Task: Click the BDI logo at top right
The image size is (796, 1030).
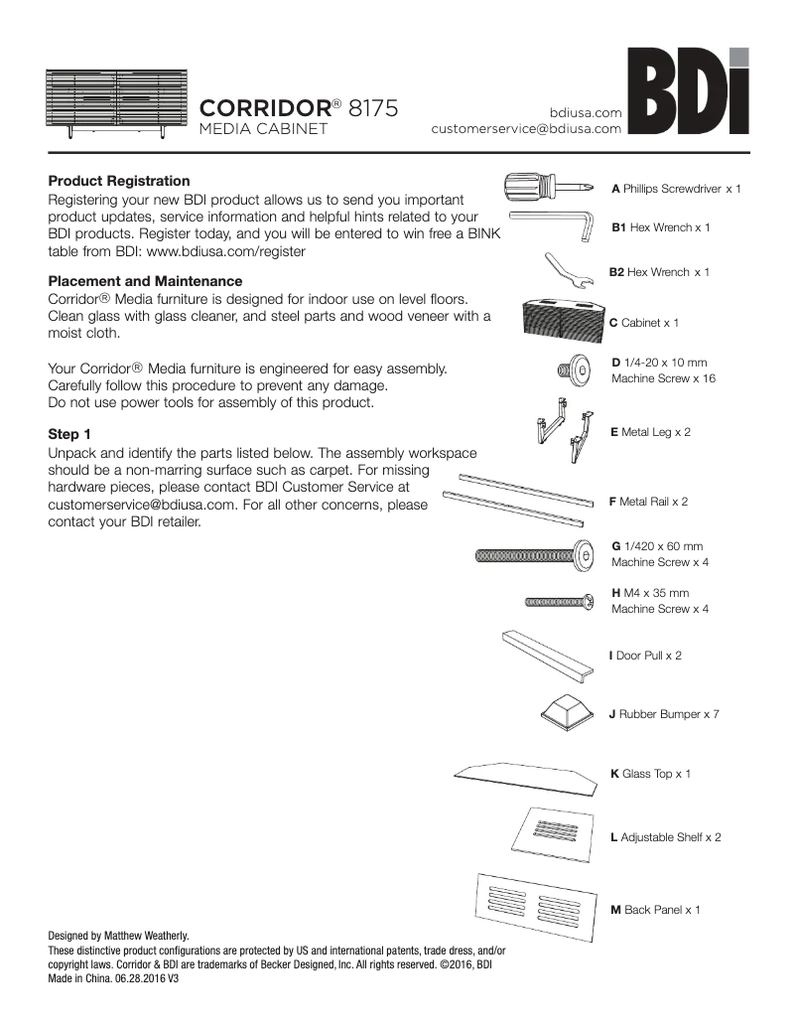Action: click(x=689, y=95)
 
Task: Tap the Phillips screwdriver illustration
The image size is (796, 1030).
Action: click(x=550, y=186)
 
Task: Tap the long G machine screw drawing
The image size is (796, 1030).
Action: click(x=535, y=554)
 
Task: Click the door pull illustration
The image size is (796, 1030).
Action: click(x=549, y=653)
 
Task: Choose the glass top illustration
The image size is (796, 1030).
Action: click(x=526, y=778)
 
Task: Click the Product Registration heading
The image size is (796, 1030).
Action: click(x=119, y=182)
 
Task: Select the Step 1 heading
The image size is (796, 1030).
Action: click(x=69, y=434)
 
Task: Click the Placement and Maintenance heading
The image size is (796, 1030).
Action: click(x=145, y=281)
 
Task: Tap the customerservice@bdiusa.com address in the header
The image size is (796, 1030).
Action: click(x=526, y=128)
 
